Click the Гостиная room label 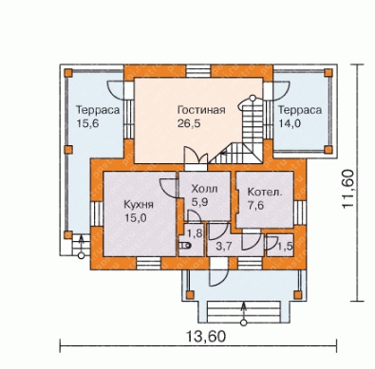click(201, 110)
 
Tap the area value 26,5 click(189, 123)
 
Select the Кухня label click(139, 204)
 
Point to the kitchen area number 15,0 click(135, 218)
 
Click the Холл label click(204, 189)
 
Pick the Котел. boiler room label click(265, 192)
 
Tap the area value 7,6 click(255, 206)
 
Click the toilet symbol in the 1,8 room click(185, 246)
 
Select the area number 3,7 click(224, 246)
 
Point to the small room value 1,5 click(286, 246)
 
